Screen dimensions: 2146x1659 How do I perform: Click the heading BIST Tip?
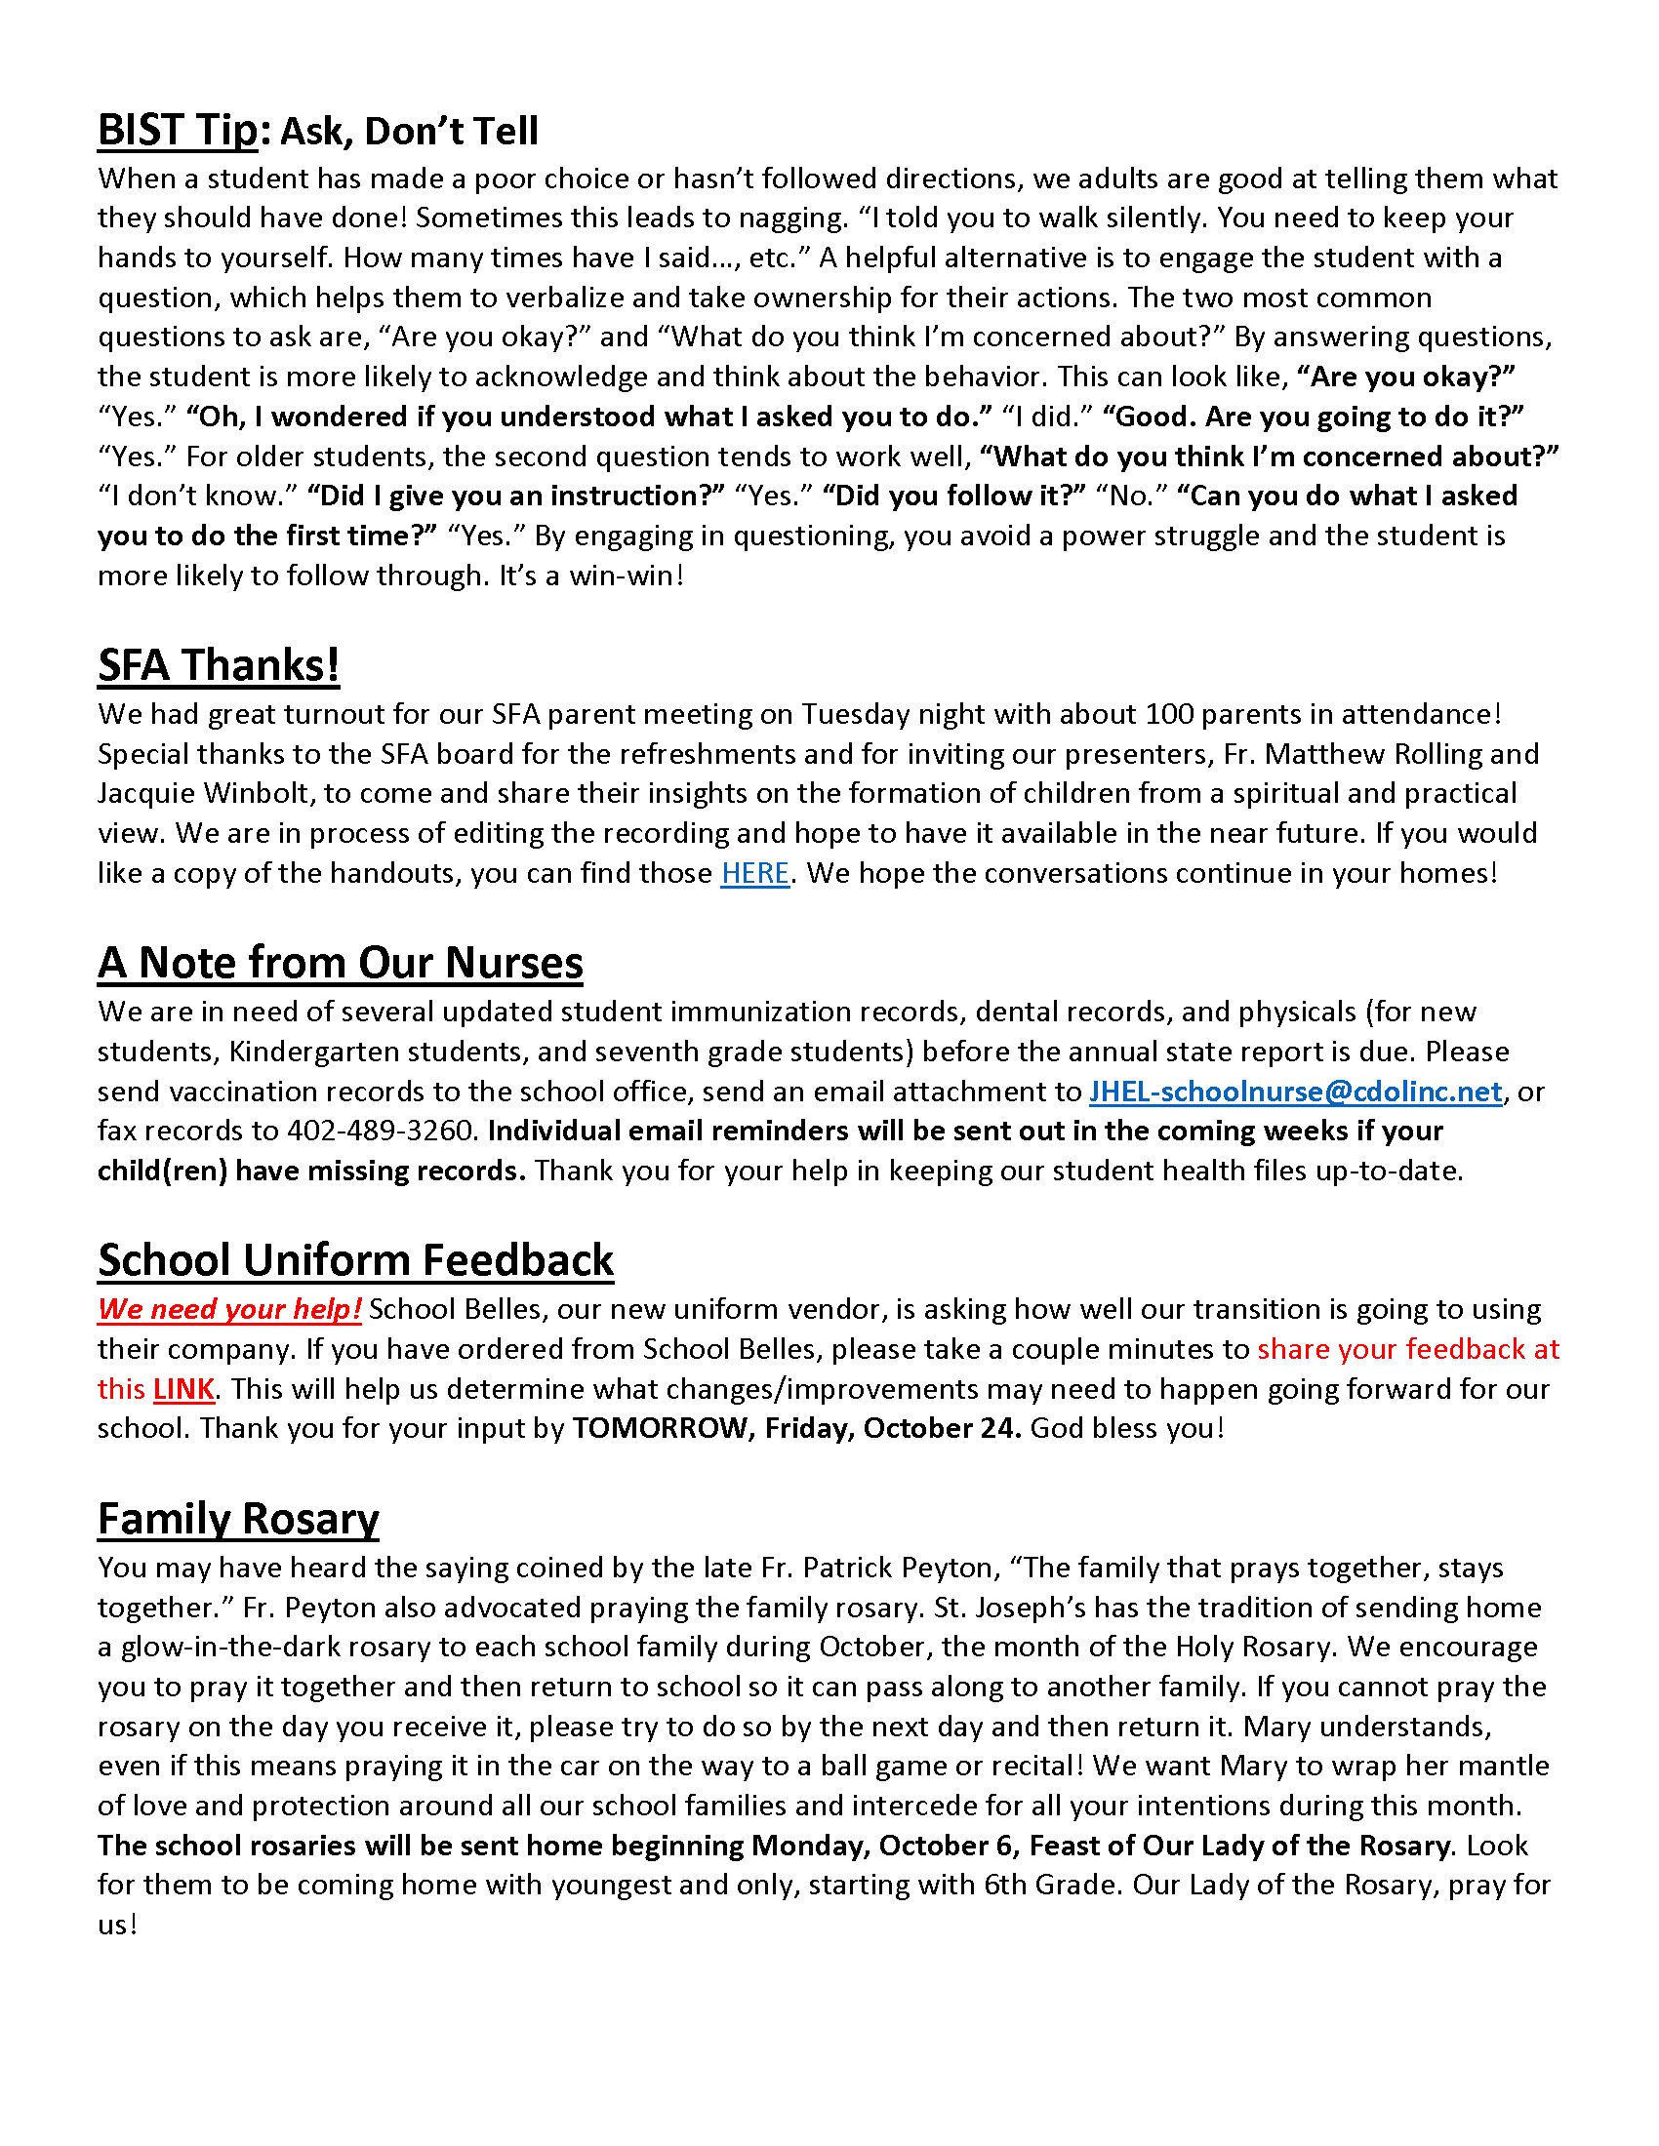pyautogui.click(x=177, y=131)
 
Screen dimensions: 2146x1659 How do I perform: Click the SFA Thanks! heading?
pyautogui.click(x=219, y=665)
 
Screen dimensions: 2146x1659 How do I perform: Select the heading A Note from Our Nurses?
pyautogui.click(x=340, y=963)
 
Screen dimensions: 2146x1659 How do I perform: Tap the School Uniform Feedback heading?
pyautogui.click(x=356, y=1260)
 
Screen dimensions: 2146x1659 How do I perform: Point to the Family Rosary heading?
pyautogui.click(x=238, y=1519)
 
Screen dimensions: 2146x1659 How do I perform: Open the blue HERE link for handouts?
pyautogui.click(x=754, y=874)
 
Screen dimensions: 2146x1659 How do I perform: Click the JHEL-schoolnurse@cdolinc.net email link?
pyautogui.click(x=1295, y=1092)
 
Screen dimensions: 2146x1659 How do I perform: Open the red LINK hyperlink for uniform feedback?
pyautogui.click(x=183, y=1389)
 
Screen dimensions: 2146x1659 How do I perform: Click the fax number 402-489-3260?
pyautogui.click(x=382, y=1131)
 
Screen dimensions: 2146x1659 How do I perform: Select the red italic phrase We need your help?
pyautogui.click(x=229, y=1310)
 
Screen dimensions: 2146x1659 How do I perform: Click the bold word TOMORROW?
pyautogui.click(x=660, y=1429)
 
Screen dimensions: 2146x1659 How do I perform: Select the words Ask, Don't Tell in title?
pyautogui.click(x=409, y=132)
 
